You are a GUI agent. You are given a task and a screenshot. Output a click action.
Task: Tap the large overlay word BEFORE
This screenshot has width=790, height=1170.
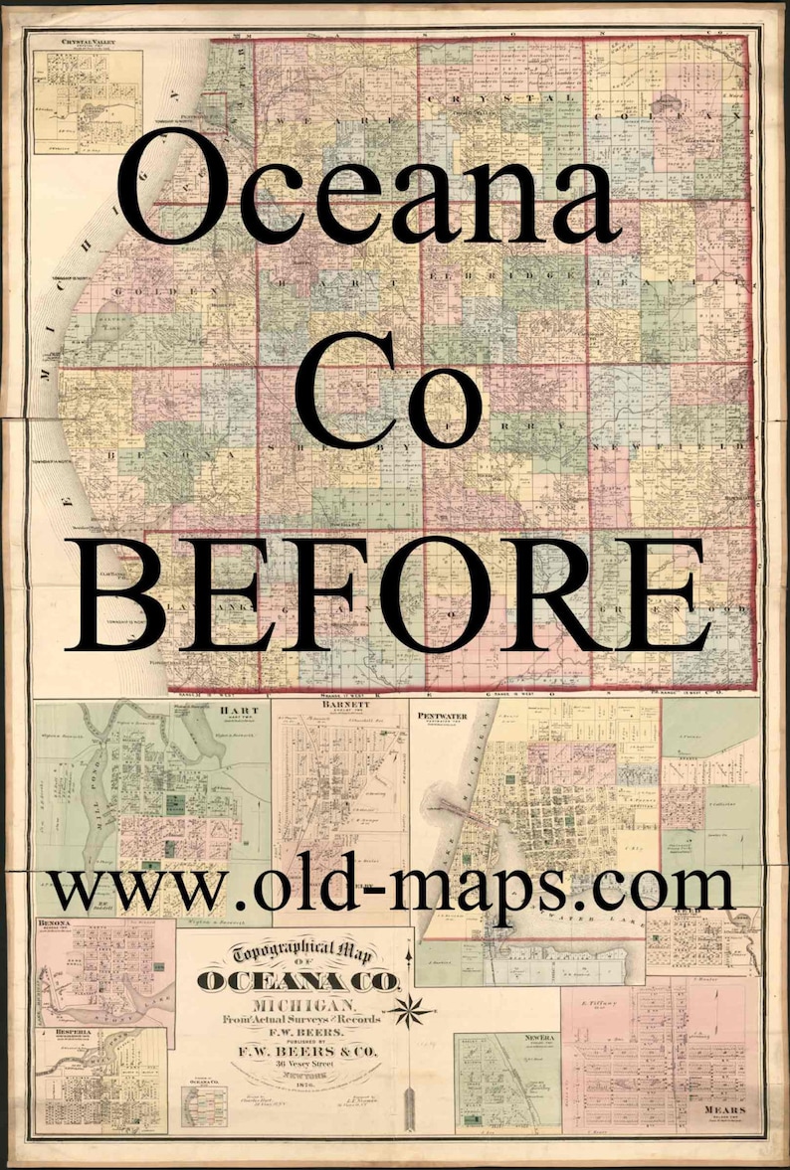point(391,594)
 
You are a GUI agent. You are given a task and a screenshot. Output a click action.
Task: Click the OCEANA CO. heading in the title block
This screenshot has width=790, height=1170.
point(298,982)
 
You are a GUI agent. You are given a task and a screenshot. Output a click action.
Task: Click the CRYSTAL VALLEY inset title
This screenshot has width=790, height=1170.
point(87,42)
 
